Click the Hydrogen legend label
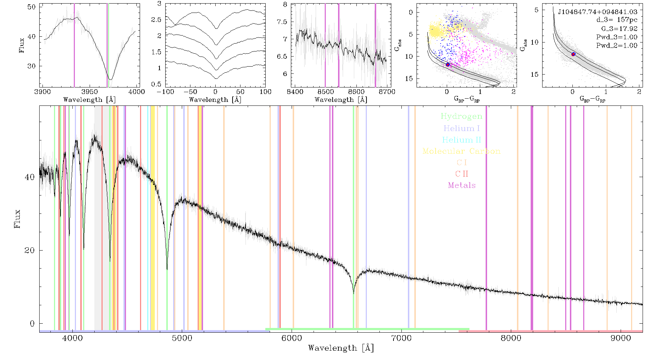462,116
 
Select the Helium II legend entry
462,140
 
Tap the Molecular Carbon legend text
462,151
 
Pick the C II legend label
462,174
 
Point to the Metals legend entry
462,185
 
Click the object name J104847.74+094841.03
598,12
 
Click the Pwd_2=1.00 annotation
617,45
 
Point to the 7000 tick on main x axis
401,338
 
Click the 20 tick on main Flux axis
30,250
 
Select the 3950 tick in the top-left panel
90,91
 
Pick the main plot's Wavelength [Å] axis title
341,348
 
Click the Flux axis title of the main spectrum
17,219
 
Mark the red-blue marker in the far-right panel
573,54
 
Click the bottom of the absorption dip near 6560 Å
354,294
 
